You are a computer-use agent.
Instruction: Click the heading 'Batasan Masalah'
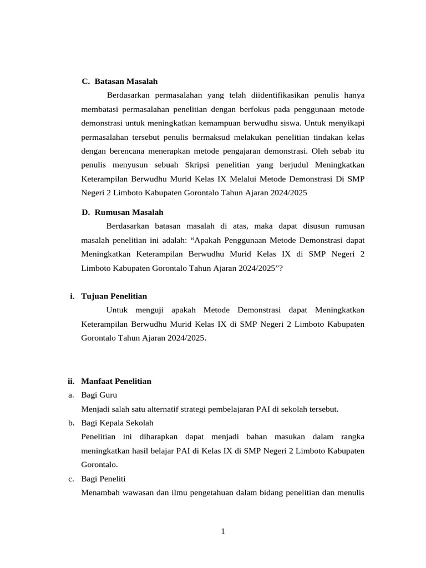click(x=126, y=82)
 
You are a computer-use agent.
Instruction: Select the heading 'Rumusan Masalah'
click(x=129, y=212)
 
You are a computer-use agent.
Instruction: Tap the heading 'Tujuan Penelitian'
click(x=114, y=296)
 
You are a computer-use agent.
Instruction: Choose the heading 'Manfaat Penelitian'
click(x=116, y=381)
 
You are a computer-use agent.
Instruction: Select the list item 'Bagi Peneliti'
click(x=104, y=479)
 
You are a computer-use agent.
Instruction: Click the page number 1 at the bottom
click(x=223, y=531)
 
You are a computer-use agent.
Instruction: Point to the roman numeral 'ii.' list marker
click(x=70, y=381)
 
